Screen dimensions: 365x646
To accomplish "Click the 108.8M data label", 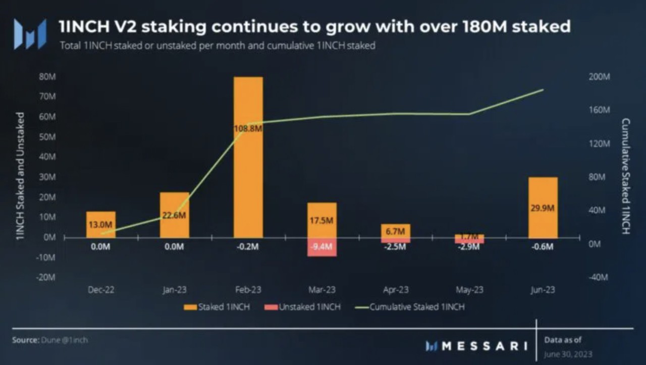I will [248, 129].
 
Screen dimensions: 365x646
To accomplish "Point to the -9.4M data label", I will [321, 247].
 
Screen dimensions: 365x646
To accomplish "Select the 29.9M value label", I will [543, 208].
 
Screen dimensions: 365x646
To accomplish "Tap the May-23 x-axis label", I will [469, 290].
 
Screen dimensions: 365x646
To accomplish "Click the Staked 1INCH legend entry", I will [217, 306].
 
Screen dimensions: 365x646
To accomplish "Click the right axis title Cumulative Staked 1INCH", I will [626, 176].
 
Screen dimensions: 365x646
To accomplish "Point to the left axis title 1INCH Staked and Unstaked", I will [21, 176].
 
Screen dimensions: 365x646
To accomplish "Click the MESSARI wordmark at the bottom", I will [477, 346].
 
